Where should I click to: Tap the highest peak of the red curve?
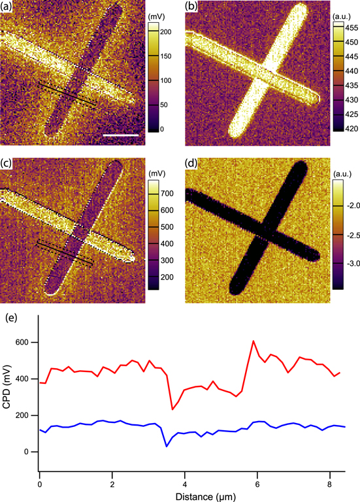(253, 341)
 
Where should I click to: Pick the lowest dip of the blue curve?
(167, 447)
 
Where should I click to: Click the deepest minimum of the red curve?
(172, 409)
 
